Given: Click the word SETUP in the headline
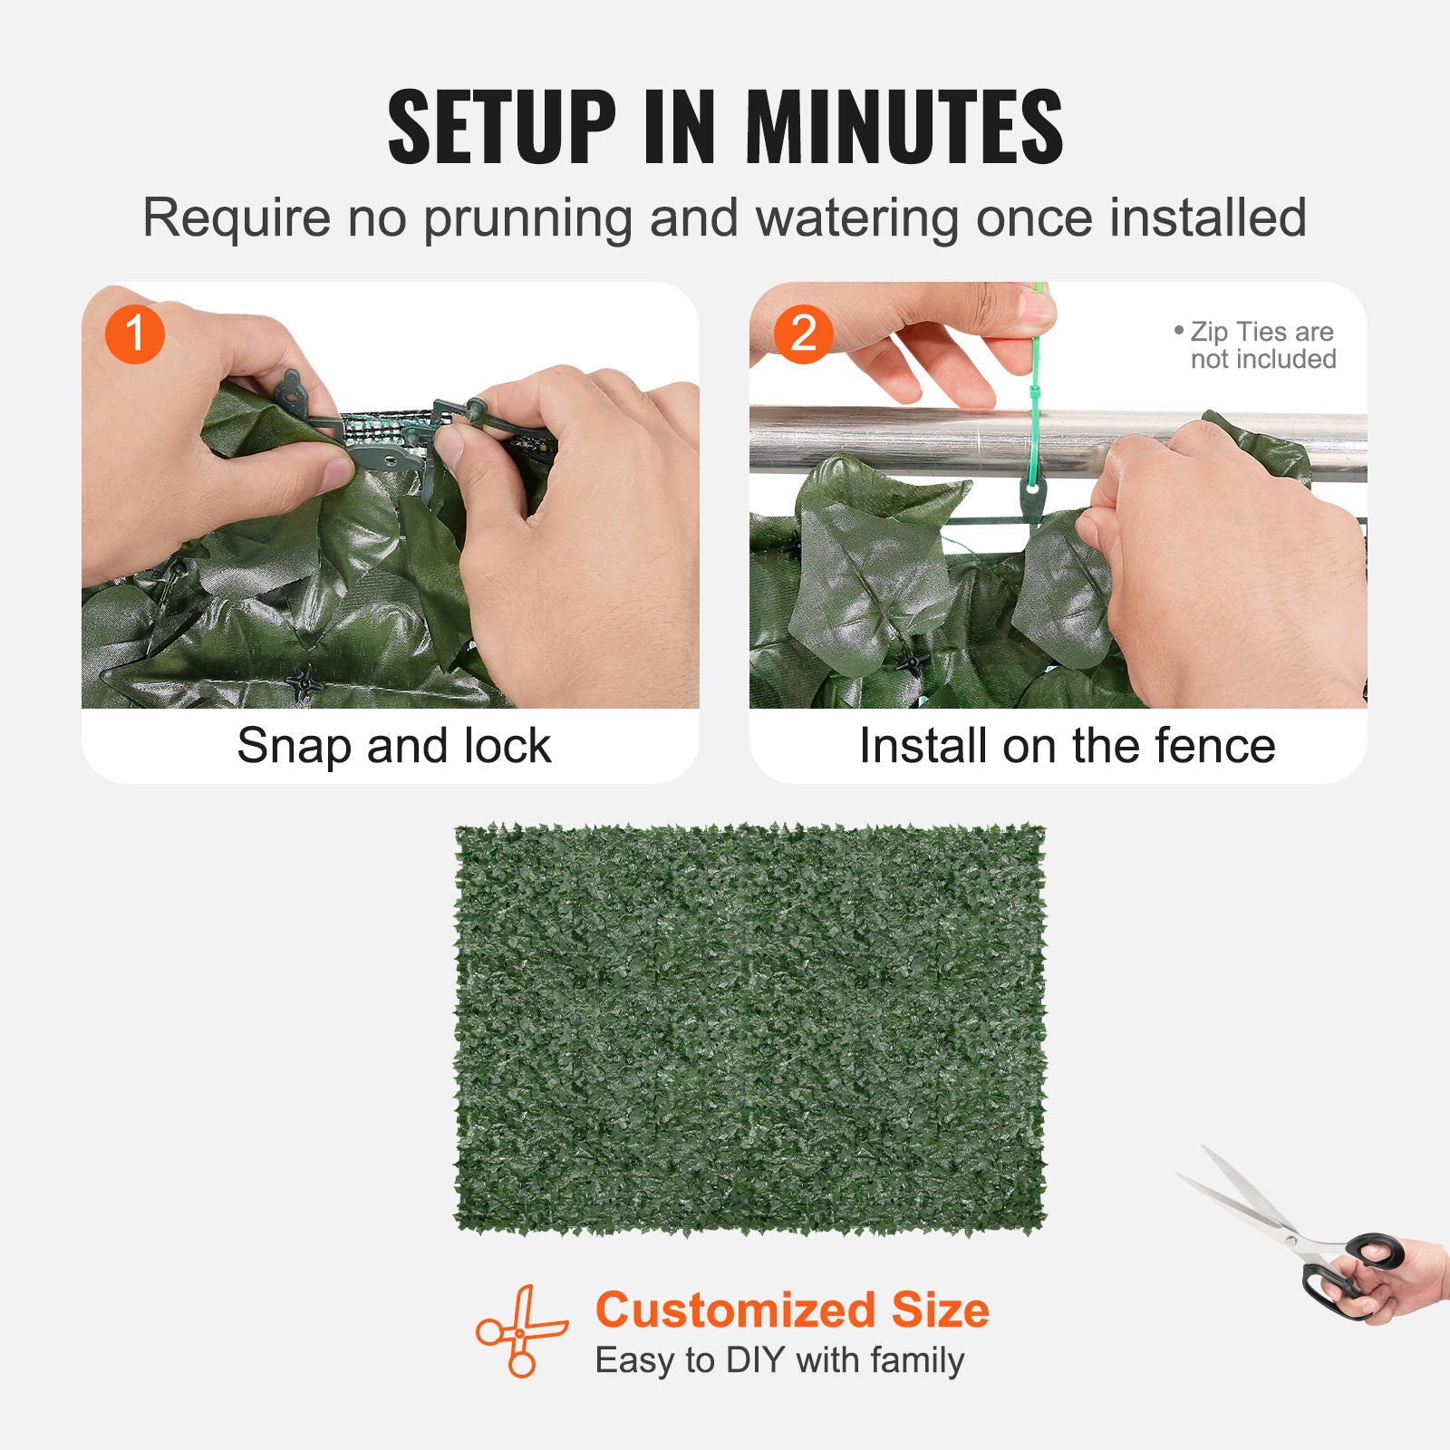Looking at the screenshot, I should coord(501,127).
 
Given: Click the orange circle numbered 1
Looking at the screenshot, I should coord(134,333).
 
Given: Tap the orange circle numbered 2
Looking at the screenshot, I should coord(803,333).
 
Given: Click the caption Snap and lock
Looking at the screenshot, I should coord(393,746).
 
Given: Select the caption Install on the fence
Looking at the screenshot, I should coord(1067,746).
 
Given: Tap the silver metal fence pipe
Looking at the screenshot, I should coord(906,441).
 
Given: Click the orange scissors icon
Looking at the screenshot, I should coord(521,1330).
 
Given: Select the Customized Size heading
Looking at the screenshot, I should coord(792,1310).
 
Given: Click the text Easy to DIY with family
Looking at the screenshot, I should coord(779,1360).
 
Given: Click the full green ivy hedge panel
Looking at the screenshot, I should coord(749,1029).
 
